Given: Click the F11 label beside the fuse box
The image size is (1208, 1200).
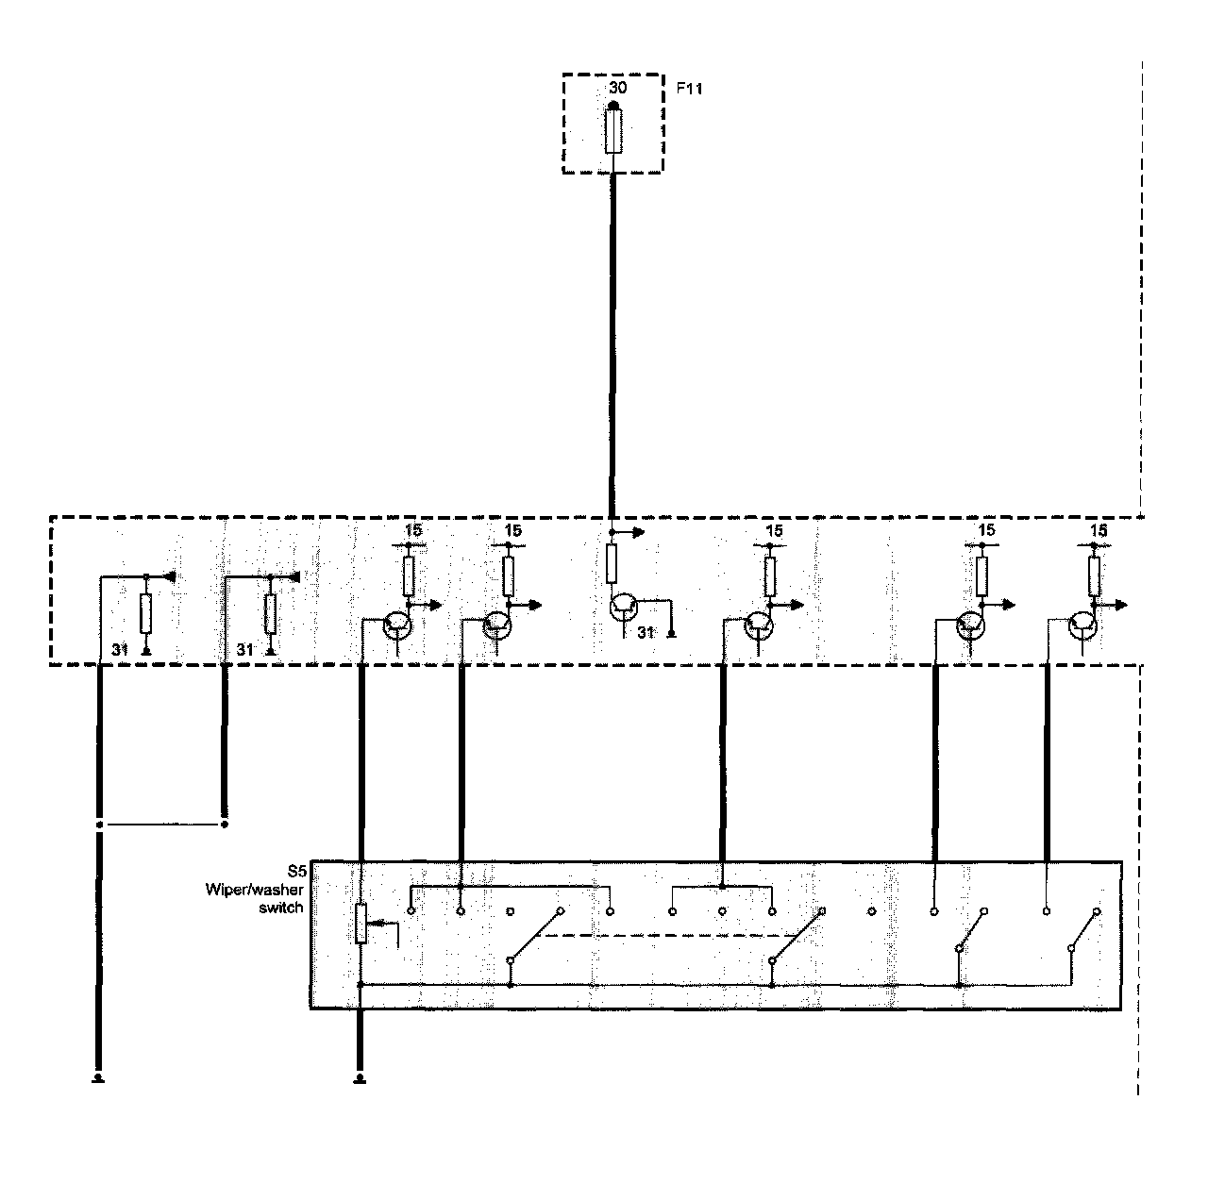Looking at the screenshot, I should coord(689,89).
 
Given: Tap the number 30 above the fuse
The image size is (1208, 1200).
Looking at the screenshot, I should coord(617,88).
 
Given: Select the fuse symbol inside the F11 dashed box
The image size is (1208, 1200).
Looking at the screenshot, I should coord(613,131).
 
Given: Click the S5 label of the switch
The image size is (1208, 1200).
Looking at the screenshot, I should coord(294,873).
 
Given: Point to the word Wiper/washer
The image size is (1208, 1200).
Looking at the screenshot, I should coord(255,890).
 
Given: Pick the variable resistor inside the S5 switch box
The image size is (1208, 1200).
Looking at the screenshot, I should coord(361,923).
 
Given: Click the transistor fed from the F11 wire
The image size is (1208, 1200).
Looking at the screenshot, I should coord(623,608).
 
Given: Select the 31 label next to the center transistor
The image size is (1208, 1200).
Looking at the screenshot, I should coord(646,633).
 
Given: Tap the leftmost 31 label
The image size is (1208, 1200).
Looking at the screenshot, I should coord(119,649).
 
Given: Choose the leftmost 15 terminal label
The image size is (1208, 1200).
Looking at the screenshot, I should coord(412,531).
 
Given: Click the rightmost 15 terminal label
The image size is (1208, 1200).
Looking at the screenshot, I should coord(1098,531).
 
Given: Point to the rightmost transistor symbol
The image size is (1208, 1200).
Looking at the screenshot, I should coord(1083,625).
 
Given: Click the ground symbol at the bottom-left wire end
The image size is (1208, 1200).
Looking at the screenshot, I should coord(97,1077).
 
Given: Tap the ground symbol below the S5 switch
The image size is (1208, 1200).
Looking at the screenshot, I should coord(360,1077).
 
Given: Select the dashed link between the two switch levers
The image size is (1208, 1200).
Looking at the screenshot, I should coord(661,936).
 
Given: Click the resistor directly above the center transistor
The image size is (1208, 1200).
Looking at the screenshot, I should coord(612,564).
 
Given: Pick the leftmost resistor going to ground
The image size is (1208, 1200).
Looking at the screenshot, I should coord(145,613).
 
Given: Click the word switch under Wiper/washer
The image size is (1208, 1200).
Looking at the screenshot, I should coord(281,908).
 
